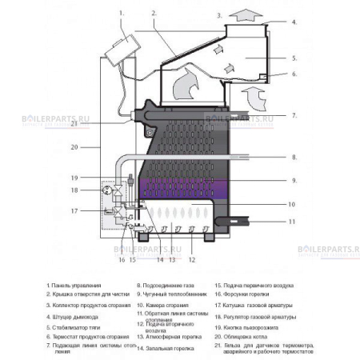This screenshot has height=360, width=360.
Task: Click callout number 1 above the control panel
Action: click(x=122, y=13)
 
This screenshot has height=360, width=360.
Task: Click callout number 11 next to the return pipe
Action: click(x=294, y=221)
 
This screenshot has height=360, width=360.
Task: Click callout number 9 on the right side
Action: click(x=294, y=180)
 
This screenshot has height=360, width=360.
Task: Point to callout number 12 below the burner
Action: click(x=191, y=260)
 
